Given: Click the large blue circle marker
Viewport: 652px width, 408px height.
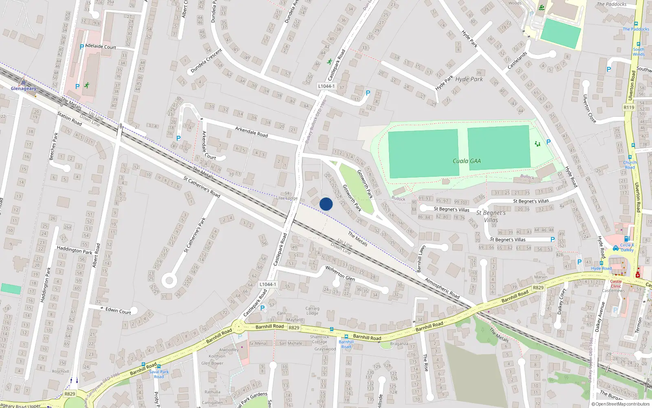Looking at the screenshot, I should [x=326, y=204].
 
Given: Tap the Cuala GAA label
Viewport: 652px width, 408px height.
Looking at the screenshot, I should [x=467, y=161].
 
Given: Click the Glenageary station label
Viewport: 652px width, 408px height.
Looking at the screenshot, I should [x=23, y=89].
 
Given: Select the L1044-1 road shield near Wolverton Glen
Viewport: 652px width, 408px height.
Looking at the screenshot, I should [x=268, y=284].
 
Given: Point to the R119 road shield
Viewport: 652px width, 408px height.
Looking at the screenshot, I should [x=629, y=107].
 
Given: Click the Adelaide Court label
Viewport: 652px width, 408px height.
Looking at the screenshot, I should [x=101, y=47].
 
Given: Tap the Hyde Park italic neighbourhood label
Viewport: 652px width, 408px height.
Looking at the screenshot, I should [x=469, y=79].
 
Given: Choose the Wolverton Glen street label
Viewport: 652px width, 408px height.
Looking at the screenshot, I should [x=340, y=273].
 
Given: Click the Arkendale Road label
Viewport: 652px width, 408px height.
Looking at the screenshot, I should [x=251, y=131].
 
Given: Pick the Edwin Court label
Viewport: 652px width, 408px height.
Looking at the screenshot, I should [x=118, y=311].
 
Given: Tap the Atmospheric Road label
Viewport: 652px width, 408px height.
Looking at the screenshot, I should [x=442, y=288].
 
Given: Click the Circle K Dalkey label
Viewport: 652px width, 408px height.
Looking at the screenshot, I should [x=627, y=247].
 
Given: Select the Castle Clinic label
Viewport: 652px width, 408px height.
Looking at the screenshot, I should [x=616, y=284].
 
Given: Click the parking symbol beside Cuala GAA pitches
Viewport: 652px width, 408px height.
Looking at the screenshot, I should [x=548, y=142].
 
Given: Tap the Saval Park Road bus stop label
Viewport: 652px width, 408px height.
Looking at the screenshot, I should [x=159, y=374].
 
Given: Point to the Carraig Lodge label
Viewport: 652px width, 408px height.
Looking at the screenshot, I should [x=312, y=311].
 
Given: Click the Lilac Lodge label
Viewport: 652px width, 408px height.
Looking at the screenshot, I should [x=287, y=198].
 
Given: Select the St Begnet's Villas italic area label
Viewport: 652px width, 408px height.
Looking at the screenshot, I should [x=491, y=216].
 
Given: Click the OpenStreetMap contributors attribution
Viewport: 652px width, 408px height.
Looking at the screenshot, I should [x=620, y=404].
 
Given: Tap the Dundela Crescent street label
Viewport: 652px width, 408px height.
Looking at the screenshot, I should [x=206, y=61].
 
